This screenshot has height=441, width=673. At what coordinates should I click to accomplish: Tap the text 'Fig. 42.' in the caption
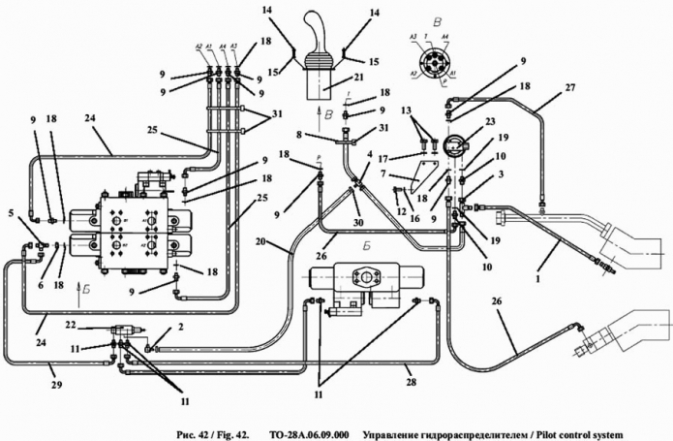pyautogui.click(x=230, y=433)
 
